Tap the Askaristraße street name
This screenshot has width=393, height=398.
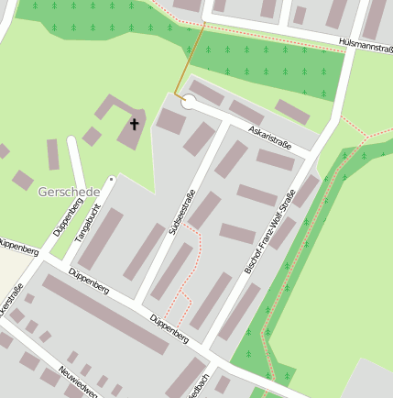(x=270, y=138)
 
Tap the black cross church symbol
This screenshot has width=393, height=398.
(x=135, y=123)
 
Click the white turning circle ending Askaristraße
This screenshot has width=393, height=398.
(x=190, y=103)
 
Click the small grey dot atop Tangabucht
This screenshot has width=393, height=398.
(x=112, y=178)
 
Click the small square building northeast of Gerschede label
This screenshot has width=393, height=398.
(x=92, y=137)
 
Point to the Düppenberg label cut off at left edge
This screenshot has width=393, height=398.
(x=18, y=247)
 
